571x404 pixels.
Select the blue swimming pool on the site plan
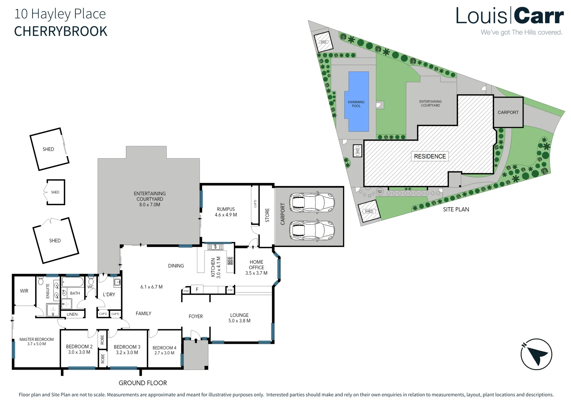[358, 101]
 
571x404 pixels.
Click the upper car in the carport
[312, 202]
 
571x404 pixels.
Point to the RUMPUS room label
[226, 209]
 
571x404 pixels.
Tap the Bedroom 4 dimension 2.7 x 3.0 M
[164, 353]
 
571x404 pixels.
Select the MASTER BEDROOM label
[37, 339]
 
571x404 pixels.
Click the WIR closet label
[24, 291]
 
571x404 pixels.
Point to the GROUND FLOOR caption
[143, 383]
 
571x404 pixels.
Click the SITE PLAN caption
[456, 209]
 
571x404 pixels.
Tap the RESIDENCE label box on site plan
[430, 156]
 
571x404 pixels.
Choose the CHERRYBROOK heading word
[61, 31]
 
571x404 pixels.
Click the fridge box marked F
[197, 290]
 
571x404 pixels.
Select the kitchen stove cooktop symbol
[230, 261]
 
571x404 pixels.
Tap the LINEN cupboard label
[72, 314]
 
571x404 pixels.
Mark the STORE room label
[267, 215]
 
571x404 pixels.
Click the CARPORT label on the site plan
[508, 112]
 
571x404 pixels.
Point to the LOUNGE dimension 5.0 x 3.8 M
[240, 321]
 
